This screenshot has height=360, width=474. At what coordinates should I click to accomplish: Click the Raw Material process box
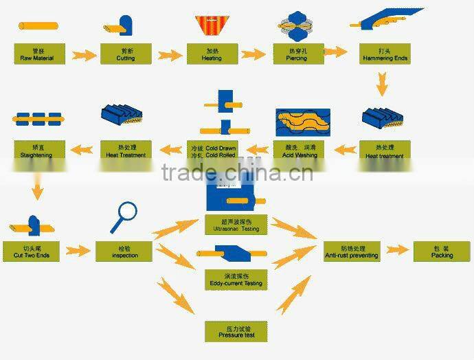coord(38,54)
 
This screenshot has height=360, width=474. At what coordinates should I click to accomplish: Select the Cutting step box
coord(126,54)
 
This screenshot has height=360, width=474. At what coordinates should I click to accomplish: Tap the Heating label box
coord(212,54)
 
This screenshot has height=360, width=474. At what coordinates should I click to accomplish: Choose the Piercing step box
coord(298,54)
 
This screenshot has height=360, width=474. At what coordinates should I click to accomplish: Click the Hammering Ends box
coord(385,54)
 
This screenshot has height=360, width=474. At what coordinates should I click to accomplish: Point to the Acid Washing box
coord(298,151)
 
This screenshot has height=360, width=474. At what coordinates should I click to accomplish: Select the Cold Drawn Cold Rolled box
coord(212,151)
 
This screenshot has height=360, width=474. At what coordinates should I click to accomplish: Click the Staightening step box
coord(38,151)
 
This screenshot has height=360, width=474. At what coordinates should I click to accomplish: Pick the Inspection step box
coord(125,251)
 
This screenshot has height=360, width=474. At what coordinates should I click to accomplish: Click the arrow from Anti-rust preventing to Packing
coord(397,251)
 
